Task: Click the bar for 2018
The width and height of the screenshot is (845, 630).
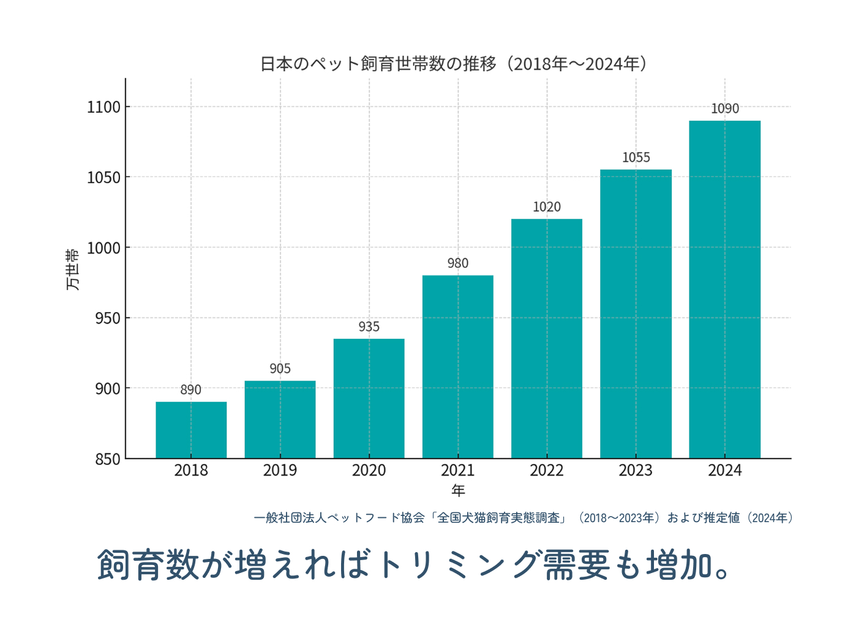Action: click(x=191, y=430)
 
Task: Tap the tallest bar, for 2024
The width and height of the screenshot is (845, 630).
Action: click(x=725, y=289)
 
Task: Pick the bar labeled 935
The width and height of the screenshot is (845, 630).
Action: click(x=369, y=398)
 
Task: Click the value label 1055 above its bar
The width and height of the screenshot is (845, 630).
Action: click(x=636, y=157)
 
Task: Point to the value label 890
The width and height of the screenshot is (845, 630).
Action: click(x=190, y=390)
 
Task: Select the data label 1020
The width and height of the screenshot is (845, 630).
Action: click(x=547, y=207)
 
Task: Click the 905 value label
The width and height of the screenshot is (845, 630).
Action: click(x=280, y=369)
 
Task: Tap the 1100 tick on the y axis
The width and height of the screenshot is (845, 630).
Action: click(x=104, y=107)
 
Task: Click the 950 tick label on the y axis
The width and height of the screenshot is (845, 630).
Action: click(x=108, y=318)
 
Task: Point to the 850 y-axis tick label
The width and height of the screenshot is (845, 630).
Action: click(x=108, y=459)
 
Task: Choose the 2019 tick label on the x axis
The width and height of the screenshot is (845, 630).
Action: click(x=280, y=471)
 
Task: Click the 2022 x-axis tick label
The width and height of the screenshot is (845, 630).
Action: click(x=547, y=471)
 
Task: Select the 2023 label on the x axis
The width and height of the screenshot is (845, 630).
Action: click(x=636, y=471)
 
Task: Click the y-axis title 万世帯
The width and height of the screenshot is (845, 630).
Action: click(x=72, y=269)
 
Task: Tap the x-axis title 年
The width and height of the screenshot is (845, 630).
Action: click(x=458, y=491)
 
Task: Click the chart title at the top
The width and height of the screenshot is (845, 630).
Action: click(x=454, y=64)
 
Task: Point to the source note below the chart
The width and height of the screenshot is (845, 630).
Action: click(x=524, y=518)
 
